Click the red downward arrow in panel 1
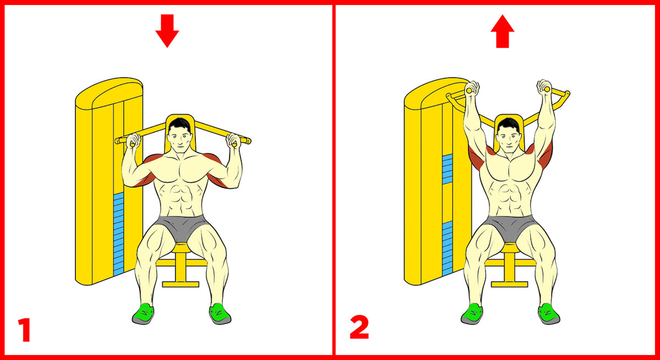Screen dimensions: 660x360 pyautogui.click(x=167, y=31)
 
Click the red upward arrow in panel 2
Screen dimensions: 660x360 pyautogui.click(x=502, y=31)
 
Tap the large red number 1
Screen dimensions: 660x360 pyautogui.click(x=25, y=330)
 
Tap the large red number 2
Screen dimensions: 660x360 pyautogui.click(x=359, y=327)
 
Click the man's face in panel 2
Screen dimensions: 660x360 pyautogui.click(x=508, y=139)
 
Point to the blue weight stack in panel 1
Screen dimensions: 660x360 pyautogui.click(x=118, y=234)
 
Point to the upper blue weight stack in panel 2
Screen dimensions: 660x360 pyautogui.click(x=447, y=169)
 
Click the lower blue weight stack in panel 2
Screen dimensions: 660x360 pyautogui.click(x=447, y=249)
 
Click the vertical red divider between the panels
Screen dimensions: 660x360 pyautogui.click(x=334, y=180)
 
